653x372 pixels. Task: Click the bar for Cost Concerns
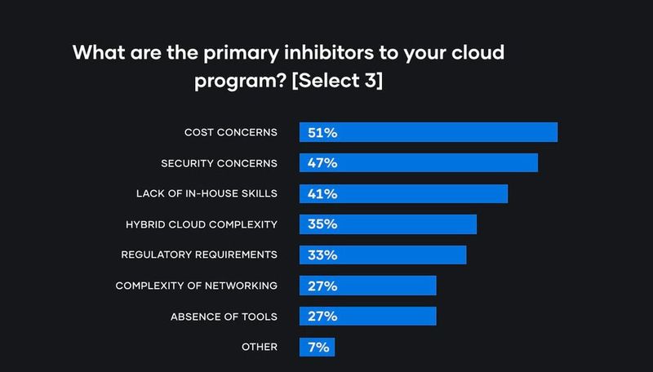(429, 132)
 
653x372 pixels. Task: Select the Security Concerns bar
(419, 162)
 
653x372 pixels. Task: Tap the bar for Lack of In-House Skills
(404, 193)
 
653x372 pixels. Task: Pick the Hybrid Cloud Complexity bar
(388, 224)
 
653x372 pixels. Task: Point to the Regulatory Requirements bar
(383, 255)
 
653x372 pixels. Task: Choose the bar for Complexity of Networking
(368, 286)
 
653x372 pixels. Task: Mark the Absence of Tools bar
(368, 316)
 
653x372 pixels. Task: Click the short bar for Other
(317, 347)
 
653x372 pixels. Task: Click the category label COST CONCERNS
(232, 132)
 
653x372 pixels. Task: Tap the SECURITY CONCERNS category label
(220, 162)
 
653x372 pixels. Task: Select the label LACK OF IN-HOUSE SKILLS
(207, 193)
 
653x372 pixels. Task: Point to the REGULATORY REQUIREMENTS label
(199, 255)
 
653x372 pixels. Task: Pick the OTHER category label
(260, 347)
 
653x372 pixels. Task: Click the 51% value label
(322, 132)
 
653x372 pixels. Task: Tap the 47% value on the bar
(322, 162)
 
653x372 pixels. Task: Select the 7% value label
(318, 347)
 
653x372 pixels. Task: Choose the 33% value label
(322, 255)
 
